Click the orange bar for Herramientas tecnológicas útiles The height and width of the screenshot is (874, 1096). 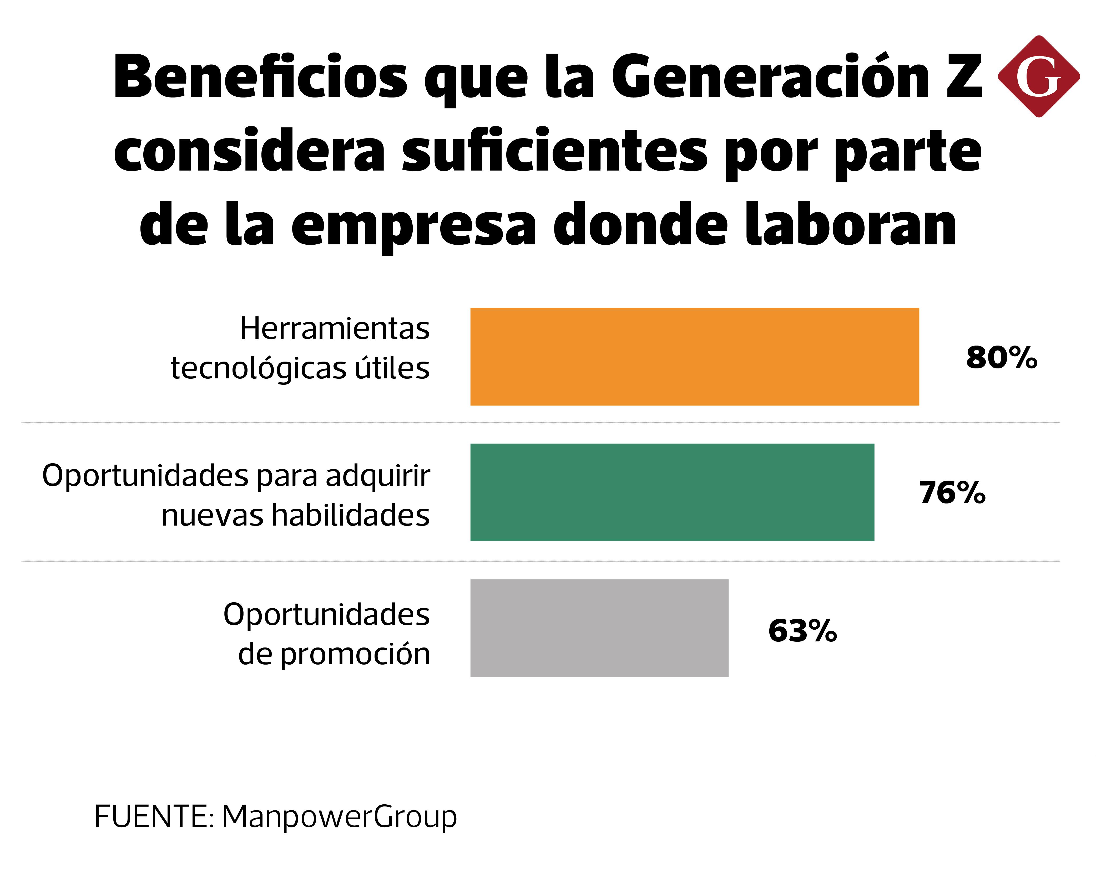click(x=694, y=357)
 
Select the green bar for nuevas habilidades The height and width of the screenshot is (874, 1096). click(x=672, y=492)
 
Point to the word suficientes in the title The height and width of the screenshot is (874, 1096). click(x=554, y=151)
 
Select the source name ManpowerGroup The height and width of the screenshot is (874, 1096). click(x=340, y=817)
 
